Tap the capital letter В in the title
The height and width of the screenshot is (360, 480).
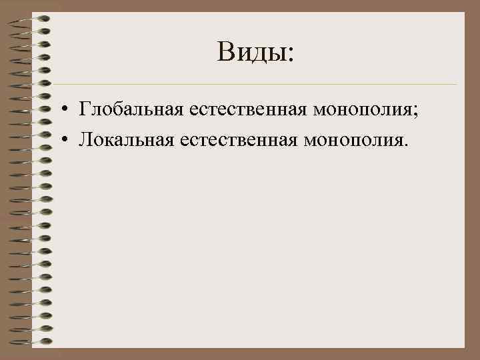coord(225,51)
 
